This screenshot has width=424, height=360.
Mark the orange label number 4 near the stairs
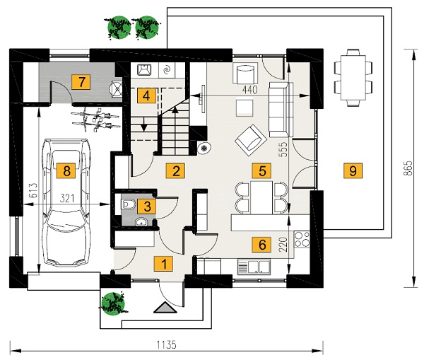[146, 95]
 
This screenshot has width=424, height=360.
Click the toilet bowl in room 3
[129, 205]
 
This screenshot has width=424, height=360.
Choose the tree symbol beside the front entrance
[113, 303]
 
